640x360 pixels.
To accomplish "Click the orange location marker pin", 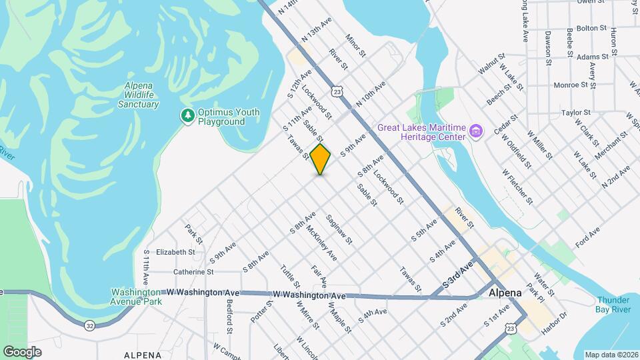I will coord(321,159).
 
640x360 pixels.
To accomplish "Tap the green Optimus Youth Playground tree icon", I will coord(188,116).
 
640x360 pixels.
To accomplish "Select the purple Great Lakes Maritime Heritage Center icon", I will coord(476,131).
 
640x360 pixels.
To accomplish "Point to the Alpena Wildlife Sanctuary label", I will coord(139,95).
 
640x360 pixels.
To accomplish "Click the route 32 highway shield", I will coord(89,325).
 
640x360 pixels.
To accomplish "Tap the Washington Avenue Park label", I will coord(137,297).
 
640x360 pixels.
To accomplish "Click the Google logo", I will coord(22,351).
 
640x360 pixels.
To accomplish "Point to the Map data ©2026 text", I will coord(611,355).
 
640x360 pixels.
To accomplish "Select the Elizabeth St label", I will coord(175,252).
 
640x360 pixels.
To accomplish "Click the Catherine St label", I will coord(193,272).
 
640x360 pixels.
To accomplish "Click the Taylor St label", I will coord(576,113).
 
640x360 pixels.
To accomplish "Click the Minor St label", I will coord(356,45).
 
